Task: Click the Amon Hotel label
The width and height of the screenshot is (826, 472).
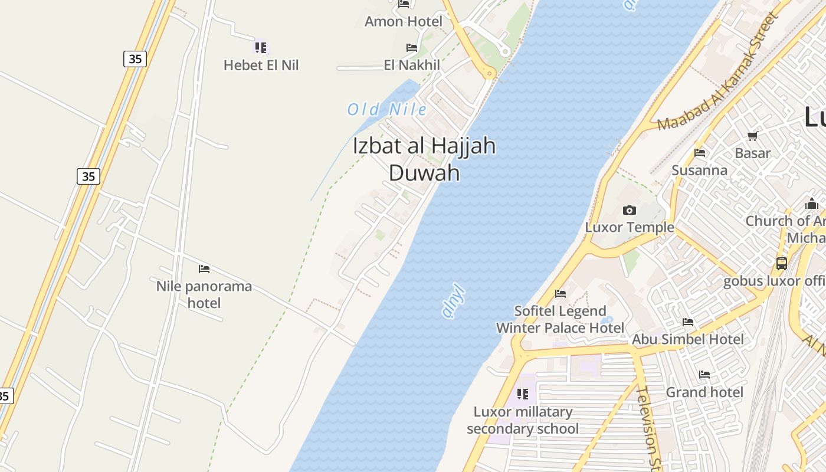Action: (x=403, y=22)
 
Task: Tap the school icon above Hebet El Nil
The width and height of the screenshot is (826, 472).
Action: (x=261, y=47)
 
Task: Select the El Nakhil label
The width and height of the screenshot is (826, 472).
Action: (x=412, y=65)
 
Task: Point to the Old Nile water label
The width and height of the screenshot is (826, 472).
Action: (x=386, y=109)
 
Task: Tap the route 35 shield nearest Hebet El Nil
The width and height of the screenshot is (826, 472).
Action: (x=135, y=59)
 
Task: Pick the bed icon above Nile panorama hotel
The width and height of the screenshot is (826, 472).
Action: (x=204, y=269)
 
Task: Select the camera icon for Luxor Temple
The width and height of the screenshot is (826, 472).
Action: (x=630, y=210)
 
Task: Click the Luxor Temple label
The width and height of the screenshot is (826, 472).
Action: (x=630, y=227)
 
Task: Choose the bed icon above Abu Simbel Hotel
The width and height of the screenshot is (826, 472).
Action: (x=688, y=322)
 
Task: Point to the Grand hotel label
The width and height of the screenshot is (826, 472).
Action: (x=704, y=392)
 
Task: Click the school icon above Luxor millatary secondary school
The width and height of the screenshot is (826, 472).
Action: (x=523, y=394)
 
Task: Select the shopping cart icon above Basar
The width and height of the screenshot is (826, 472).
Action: (x=753, y=136)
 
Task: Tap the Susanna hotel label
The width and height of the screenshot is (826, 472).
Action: (x=700, y=171)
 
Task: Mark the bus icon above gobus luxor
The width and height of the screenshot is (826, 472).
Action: (x=782, y=264)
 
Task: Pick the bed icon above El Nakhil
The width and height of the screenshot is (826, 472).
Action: (x=412, y=48)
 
